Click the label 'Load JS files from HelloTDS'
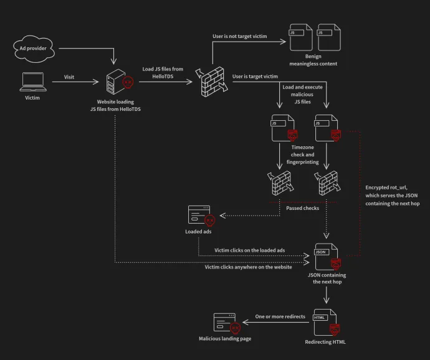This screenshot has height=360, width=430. [163, 73]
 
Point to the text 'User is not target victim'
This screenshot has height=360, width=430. [240, 37]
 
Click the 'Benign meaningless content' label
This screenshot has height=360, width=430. [313, 60]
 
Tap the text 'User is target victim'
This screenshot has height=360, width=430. [255, 77]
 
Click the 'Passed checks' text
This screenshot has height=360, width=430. [303, 208]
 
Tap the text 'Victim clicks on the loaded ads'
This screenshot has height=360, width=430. [249, 250]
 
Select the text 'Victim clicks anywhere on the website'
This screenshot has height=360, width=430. [248, 267]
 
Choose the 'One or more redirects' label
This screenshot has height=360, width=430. [280, 316]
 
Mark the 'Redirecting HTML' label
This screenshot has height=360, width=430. [325, 343]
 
